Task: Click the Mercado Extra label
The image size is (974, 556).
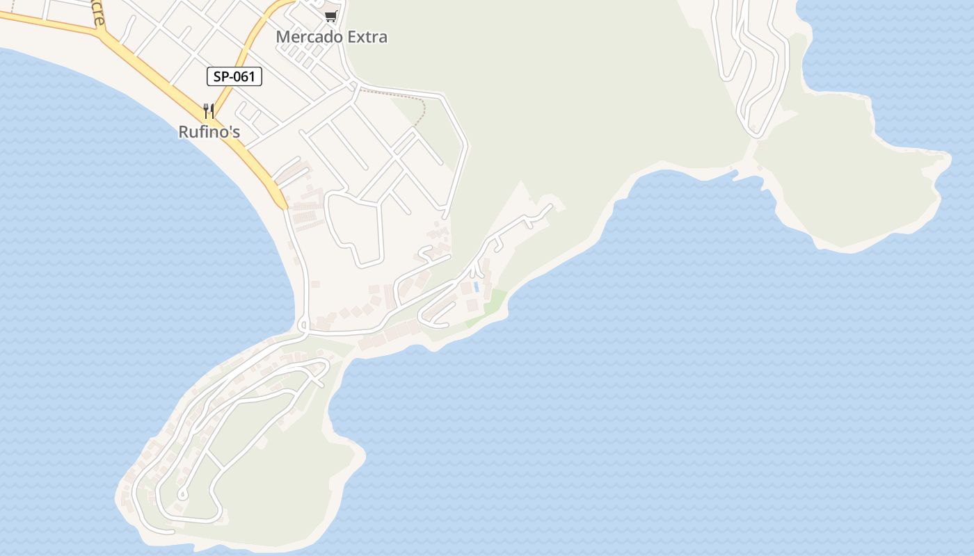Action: tap(331, 37)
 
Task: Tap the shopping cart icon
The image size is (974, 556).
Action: tap(331, 16)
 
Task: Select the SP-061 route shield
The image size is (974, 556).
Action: tap(234, 76)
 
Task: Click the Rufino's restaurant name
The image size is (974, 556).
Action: tap(209, 131)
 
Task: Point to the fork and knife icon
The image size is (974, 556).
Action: tap(208, 111)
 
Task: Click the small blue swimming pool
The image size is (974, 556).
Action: tap(476, 286)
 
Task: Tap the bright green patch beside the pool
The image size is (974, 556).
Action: tap(495, 300)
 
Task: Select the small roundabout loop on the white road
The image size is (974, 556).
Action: tap(303, 325)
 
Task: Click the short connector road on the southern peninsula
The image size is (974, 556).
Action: tap(216, 460)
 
